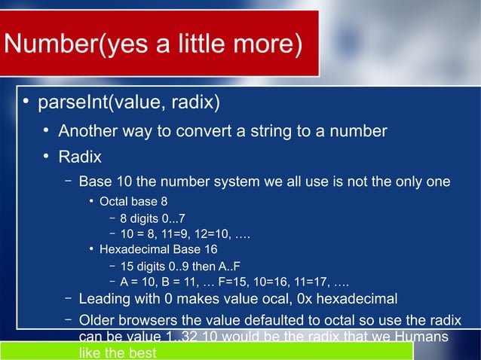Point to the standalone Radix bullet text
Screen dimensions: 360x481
point(80,157)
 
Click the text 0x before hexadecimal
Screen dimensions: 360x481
point(304,301)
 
